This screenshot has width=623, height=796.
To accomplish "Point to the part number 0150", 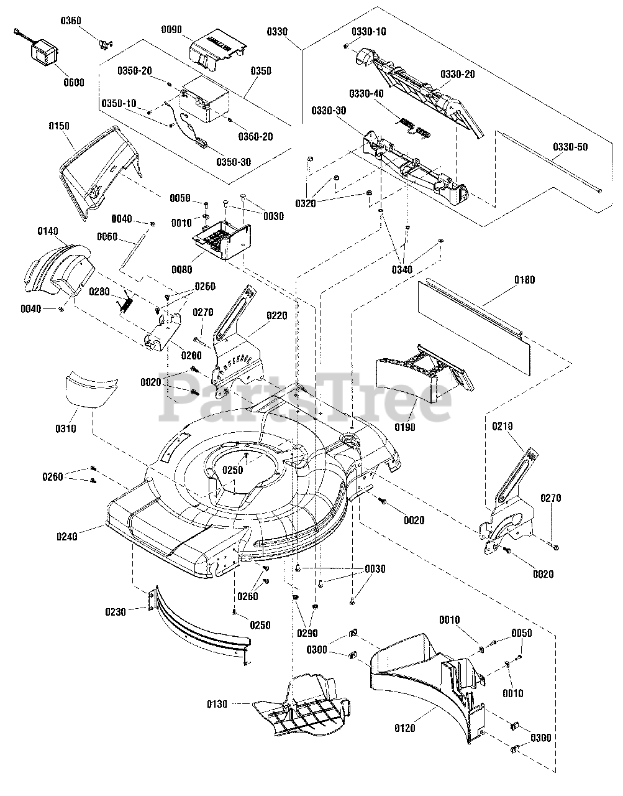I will [x=59, y=126].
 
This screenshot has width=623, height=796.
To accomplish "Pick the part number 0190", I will [x=405, y=428].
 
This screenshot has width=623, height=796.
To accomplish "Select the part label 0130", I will [x=217, y=704].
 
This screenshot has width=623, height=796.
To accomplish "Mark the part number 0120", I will [x=404, y=728].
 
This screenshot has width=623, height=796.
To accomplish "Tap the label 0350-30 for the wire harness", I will [x=234, y=162].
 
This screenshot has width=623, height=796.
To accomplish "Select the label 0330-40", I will [x=366, y=94].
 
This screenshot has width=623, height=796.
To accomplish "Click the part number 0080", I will [x=183, y=270].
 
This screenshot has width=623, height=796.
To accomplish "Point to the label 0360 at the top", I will [x=71, y=21].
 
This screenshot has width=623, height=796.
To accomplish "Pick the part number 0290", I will [x=307, y=634].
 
